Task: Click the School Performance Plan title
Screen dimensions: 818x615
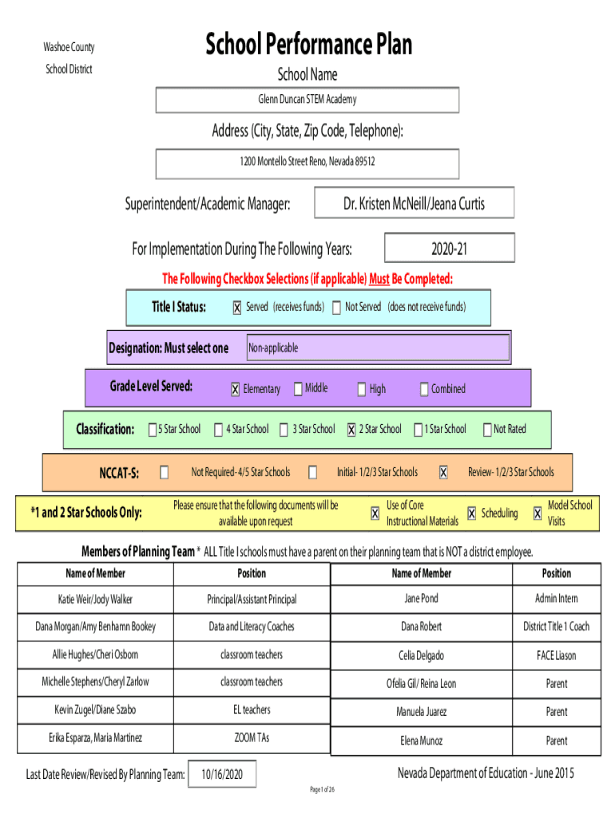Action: tap(308, 44)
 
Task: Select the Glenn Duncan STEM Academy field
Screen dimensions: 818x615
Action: tap(307, 100)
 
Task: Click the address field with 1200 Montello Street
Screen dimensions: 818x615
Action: tap(307, 161)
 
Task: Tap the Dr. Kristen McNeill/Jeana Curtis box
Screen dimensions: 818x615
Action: tap(414, 204)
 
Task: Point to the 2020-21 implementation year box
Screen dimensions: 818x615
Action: tap(449, 249)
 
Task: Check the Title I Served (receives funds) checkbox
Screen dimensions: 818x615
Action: tap(236, 308)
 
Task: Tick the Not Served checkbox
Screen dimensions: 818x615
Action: tap(336, 308)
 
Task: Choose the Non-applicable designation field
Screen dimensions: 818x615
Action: tap(377, 348)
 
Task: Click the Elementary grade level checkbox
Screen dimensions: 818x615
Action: tap(235, 389)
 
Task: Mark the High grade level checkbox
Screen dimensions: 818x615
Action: tap(361, 389)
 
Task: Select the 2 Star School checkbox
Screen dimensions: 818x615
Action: tap(351, 430)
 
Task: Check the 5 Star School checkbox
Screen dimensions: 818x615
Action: tap(152, 430)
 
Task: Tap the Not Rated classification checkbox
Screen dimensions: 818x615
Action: tap(487, 430)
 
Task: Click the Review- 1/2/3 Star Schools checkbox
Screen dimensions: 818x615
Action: tap(443, 472)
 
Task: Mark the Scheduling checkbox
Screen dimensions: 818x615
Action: tap(472, 514)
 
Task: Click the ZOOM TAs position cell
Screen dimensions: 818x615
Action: tap(252, 738)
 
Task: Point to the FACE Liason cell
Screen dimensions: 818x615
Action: tap(556, 656)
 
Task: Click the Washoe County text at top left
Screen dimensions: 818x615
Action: tap(69, 48)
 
